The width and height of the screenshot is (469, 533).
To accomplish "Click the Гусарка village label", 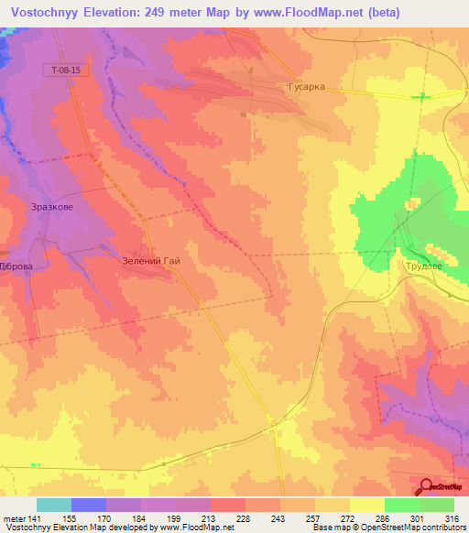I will pyautogui.click(x=300, y=88).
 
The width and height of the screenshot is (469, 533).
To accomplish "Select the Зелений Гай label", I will pyautogui.click(x=152, y=260).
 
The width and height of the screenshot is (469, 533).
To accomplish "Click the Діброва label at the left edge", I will pyautogui.click(x=16, y=266).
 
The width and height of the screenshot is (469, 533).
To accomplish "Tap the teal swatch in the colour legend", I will pyautogui.click(x=54, y=505).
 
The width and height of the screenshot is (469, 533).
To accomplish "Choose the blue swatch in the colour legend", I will pyautogui.click(x=89, y=505).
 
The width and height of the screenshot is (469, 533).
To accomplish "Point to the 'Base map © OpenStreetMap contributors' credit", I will pyautogui.click(x=387, y=528).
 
